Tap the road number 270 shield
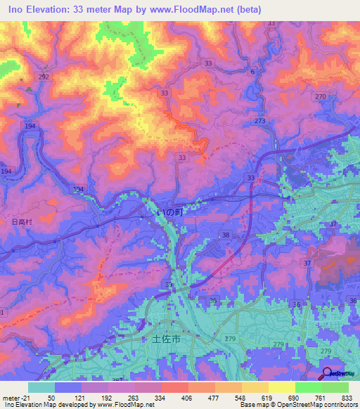coord(321,96)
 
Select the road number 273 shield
coord(261,122)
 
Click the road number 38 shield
coord(226,235)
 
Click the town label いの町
coord(169,210)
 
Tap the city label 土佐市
coord(167,339)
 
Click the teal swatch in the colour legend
coord(41,387)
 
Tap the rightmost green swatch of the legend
coord(335,387)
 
